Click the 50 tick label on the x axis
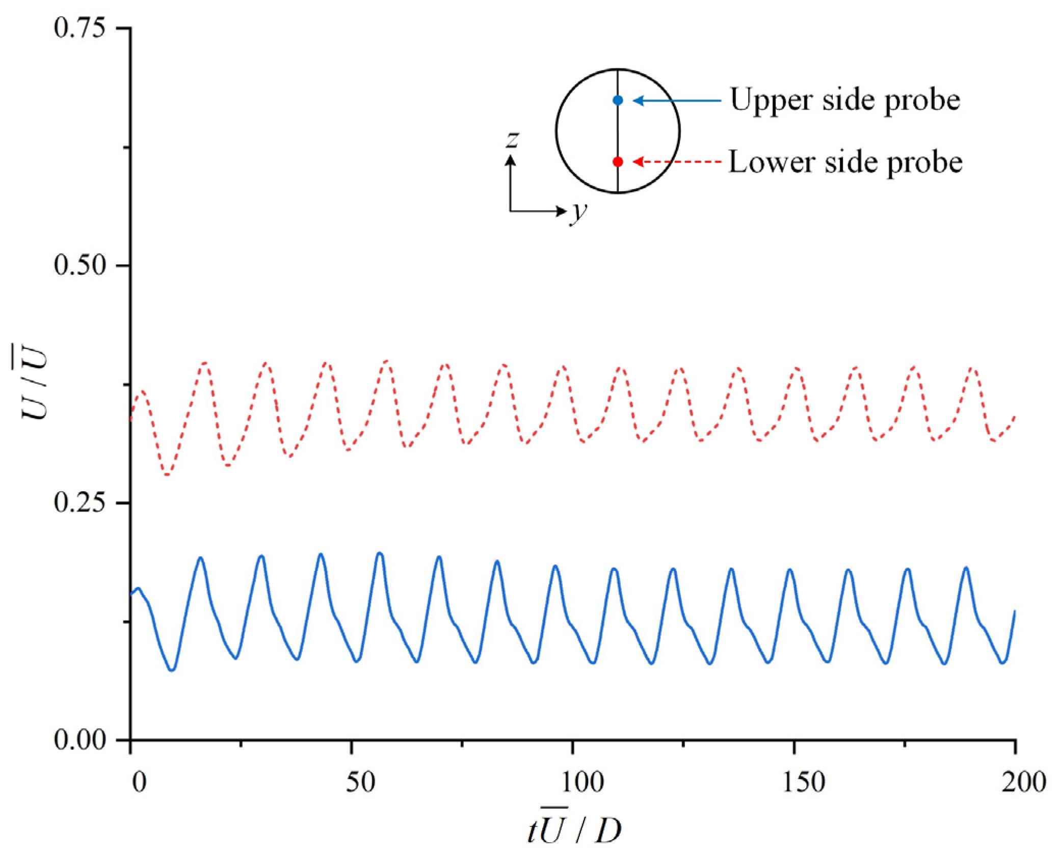(360, 782)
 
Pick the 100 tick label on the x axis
(581, 782)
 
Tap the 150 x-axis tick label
(803, 782)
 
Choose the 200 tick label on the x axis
(1023, 782)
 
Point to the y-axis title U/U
(35, 381)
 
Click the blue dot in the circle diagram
(618, 100)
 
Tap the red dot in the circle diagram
(618, 162)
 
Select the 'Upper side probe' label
(844, 100)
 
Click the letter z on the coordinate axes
(512, 139)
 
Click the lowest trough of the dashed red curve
(167, 475)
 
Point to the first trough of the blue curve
(172, 670)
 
